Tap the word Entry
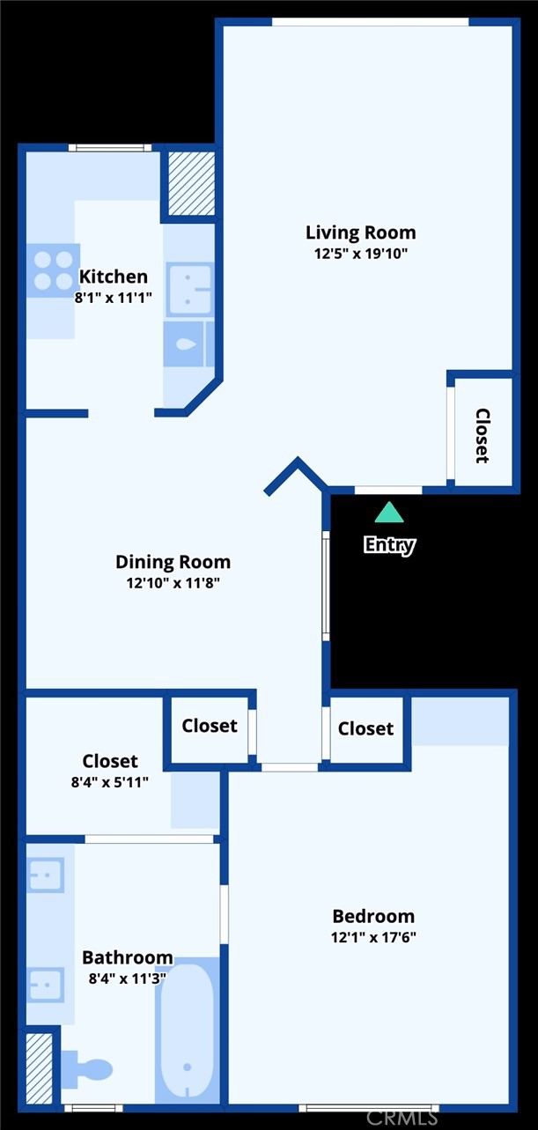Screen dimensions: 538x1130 pos(390,545)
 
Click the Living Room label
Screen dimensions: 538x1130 pos(361,233)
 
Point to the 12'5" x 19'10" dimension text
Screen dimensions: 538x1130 pos(361,254)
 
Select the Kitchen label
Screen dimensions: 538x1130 pos(114,277)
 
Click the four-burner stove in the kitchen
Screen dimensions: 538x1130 pos(54,270)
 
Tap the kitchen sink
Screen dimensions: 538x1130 pos(189,290)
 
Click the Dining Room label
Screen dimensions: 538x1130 pos(173,562)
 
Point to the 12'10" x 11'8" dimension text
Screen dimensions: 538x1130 pos(173,583)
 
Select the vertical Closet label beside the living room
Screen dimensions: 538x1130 pos(483,436)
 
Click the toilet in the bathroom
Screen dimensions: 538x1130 pos(86,1069)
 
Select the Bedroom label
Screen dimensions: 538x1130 pos(373,916)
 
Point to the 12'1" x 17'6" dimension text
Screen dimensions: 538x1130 pos(373,937)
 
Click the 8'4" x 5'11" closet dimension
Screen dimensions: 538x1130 pos(110,782)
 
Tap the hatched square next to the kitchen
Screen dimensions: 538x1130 pos(191,183)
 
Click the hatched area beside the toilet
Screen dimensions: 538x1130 pos(40,1068)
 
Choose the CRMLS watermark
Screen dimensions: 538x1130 pos(402,1118)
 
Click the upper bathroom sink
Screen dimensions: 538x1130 pos(46,875)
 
